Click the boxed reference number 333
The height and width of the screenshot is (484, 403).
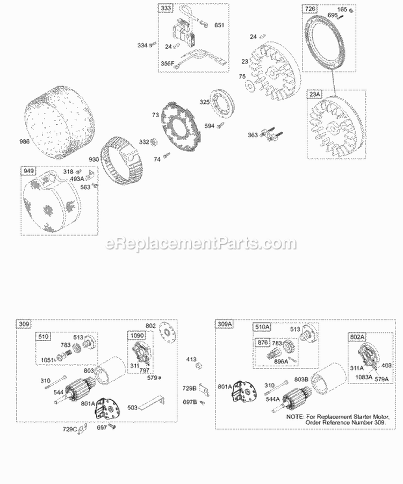tap(166, 8)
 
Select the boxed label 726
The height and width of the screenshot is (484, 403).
tap(310, 9)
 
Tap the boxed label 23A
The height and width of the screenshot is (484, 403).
tap(315, 94)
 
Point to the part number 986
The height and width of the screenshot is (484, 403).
tap(24, 141)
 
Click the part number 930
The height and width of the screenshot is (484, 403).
tap(93, 159)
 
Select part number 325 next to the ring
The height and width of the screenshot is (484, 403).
tap(204, 102)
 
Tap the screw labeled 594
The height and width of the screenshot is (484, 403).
tap(220, 125)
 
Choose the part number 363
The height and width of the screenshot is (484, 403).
tap(253, 135)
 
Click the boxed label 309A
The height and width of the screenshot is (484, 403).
tap(225, 324)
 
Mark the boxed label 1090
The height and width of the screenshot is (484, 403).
tap(138, 335)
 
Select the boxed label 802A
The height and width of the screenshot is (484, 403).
tap(357, 337)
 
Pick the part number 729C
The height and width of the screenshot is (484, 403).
tap(69, 429)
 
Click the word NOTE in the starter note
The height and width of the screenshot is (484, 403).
tap(295, 417)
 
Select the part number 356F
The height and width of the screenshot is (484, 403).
tap(168, 63)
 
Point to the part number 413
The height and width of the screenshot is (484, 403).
tap(191, 359)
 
